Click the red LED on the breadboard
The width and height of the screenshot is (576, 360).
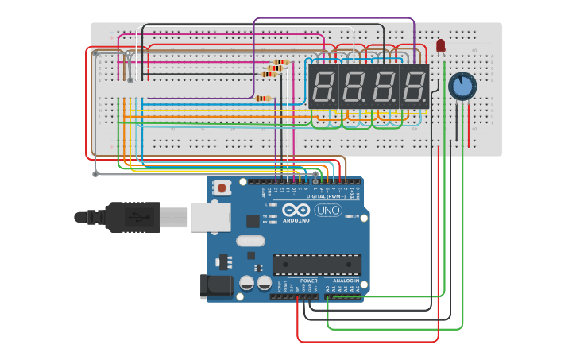441,46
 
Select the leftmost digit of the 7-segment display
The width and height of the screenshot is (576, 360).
323,86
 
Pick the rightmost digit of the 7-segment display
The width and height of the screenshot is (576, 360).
414,86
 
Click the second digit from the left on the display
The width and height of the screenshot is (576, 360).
354,86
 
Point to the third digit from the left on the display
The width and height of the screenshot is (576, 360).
384,86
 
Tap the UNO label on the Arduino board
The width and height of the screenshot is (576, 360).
328,211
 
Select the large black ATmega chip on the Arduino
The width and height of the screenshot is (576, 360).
316,265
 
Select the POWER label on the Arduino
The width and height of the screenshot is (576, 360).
309,281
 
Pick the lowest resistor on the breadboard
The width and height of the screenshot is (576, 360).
263,99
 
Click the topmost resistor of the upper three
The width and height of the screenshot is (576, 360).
280,62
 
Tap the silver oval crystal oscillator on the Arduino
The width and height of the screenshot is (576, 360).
249,241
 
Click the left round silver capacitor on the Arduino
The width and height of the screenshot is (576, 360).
247,283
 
